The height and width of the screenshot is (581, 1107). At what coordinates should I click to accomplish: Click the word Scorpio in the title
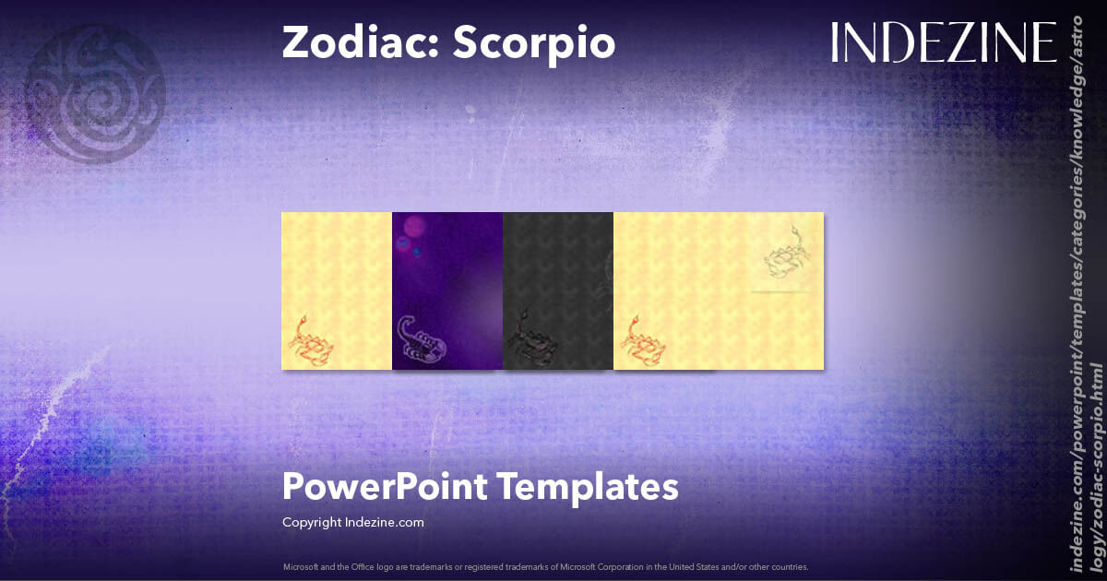533,43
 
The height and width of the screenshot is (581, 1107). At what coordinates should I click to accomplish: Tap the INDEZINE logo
943,42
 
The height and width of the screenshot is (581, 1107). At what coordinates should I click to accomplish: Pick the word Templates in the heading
600,486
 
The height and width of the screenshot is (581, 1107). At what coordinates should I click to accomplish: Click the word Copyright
311,522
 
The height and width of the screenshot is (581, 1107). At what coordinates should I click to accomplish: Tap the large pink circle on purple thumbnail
415,227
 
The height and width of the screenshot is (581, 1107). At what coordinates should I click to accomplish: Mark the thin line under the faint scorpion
784,290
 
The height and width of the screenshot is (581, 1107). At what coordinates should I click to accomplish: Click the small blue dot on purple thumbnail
417,252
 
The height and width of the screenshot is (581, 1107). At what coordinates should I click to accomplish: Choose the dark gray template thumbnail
558,290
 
